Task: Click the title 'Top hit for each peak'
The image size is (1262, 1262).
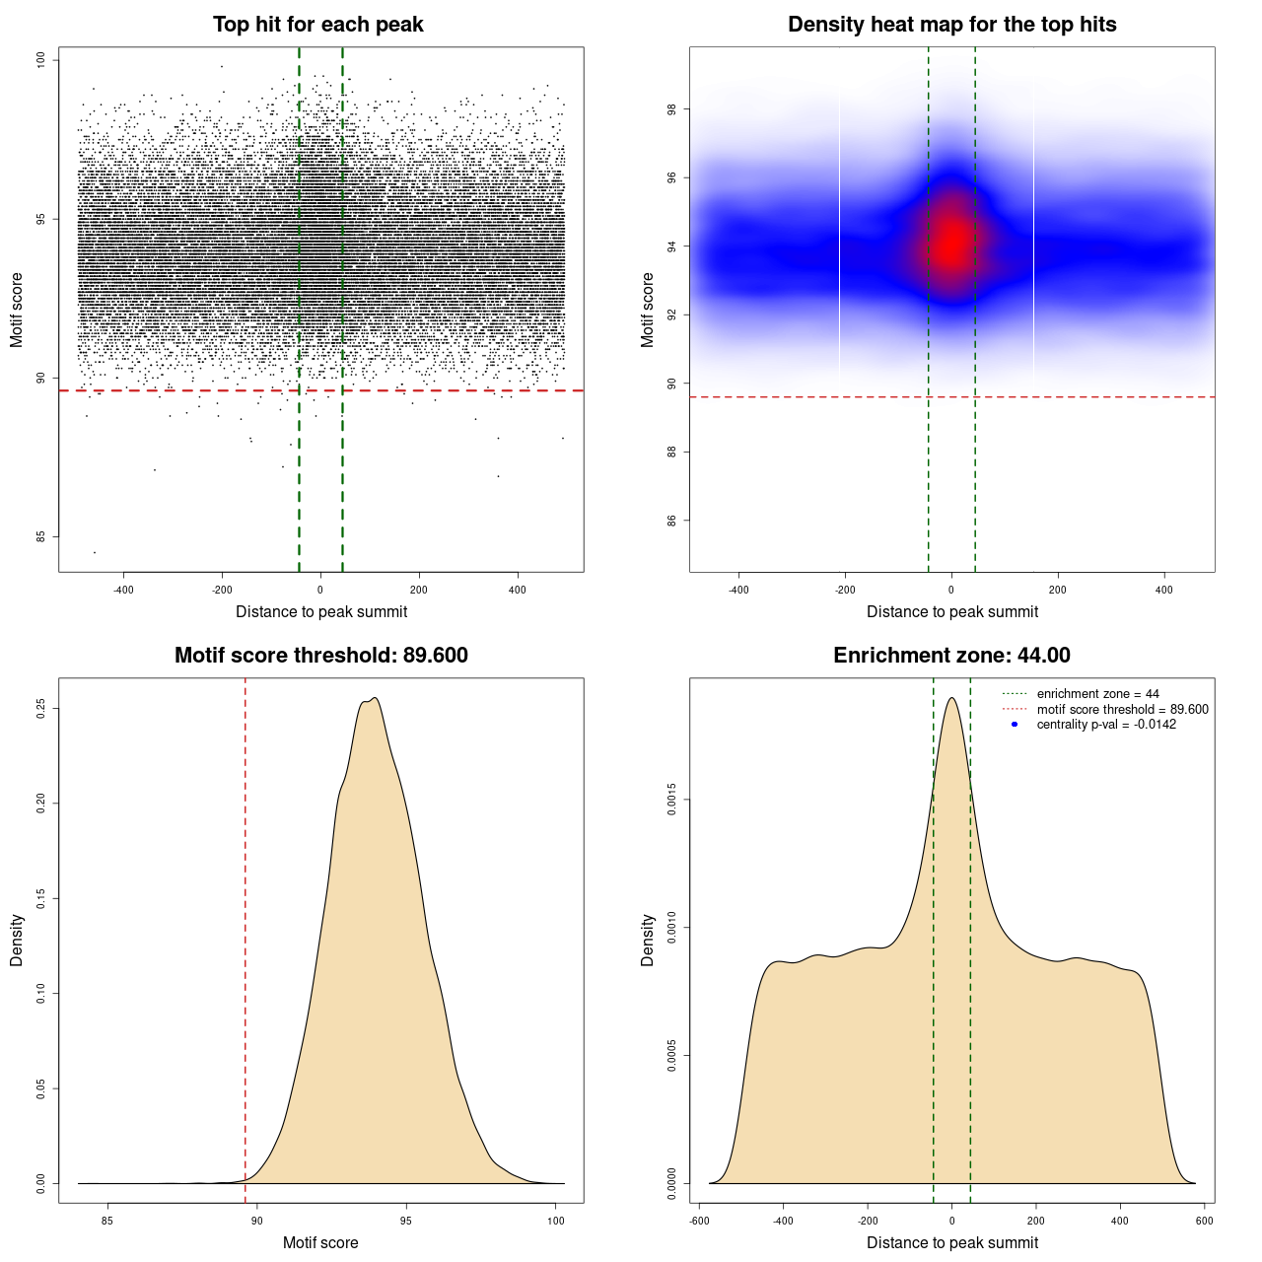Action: point(317,25)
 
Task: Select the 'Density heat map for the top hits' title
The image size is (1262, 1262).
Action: point(951,25)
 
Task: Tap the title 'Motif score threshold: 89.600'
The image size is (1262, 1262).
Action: point(320,656)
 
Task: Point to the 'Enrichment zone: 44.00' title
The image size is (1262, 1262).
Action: point(951,656)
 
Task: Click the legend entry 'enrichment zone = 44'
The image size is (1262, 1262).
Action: point(1097,694)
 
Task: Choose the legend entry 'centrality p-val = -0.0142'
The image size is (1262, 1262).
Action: point(1106,725)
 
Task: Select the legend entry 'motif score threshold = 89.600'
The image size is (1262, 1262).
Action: point(1122,710)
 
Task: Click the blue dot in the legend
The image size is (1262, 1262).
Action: point(1015,725)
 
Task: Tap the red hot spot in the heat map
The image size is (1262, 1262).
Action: point(950,243)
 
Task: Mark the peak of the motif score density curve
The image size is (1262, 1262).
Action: point(374,698)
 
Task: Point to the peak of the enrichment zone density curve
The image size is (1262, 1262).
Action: point(951,698)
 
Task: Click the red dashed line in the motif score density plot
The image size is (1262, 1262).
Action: point(245,937)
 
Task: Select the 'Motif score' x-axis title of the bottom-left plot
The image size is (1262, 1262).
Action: point(320,1242)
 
